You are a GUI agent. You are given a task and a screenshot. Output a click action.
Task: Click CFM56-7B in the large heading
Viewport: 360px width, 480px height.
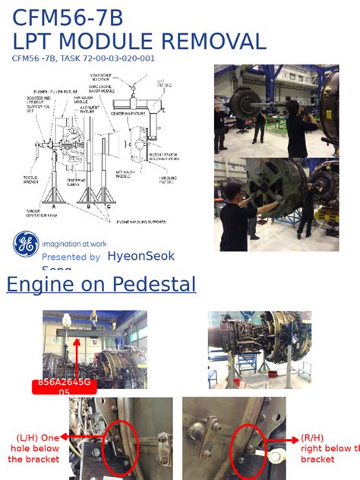(x=67, y=17)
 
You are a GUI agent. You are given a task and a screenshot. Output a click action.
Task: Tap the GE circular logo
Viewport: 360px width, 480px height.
(x=26, y=244)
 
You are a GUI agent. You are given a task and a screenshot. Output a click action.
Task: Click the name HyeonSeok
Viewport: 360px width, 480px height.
(x=141, y=257)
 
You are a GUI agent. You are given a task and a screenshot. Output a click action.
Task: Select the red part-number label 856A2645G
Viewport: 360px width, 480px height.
(x=64, y=384)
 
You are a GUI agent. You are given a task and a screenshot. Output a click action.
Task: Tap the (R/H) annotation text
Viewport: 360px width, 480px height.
(x=312, y=438)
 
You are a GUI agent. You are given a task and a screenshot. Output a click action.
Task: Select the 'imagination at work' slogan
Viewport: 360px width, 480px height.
(x=74, y=244)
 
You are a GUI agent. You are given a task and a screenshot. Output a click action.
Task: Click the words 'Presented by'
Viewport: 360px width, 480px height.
(x=71, y=257)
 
